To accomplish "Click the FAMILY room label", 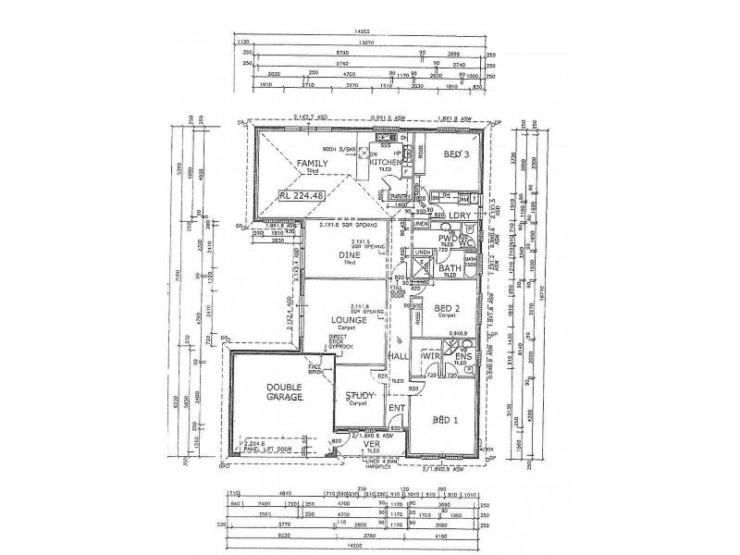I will point(313,164).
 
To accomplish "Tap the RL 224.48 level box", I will point(309,195).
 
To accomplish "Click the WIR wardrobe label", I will point(429,355).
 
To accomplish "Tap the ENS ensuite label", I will point(463,355).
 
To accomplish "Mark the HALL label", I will point(399,355).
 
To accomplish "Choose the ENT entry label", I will point(397,407).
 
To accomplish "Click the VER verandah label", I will point(370,444).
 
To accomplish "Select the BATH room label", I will point(450,268).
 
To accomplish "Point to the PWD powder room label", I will point(450,239).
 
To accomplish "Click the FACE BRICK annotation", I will point(315,371).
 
